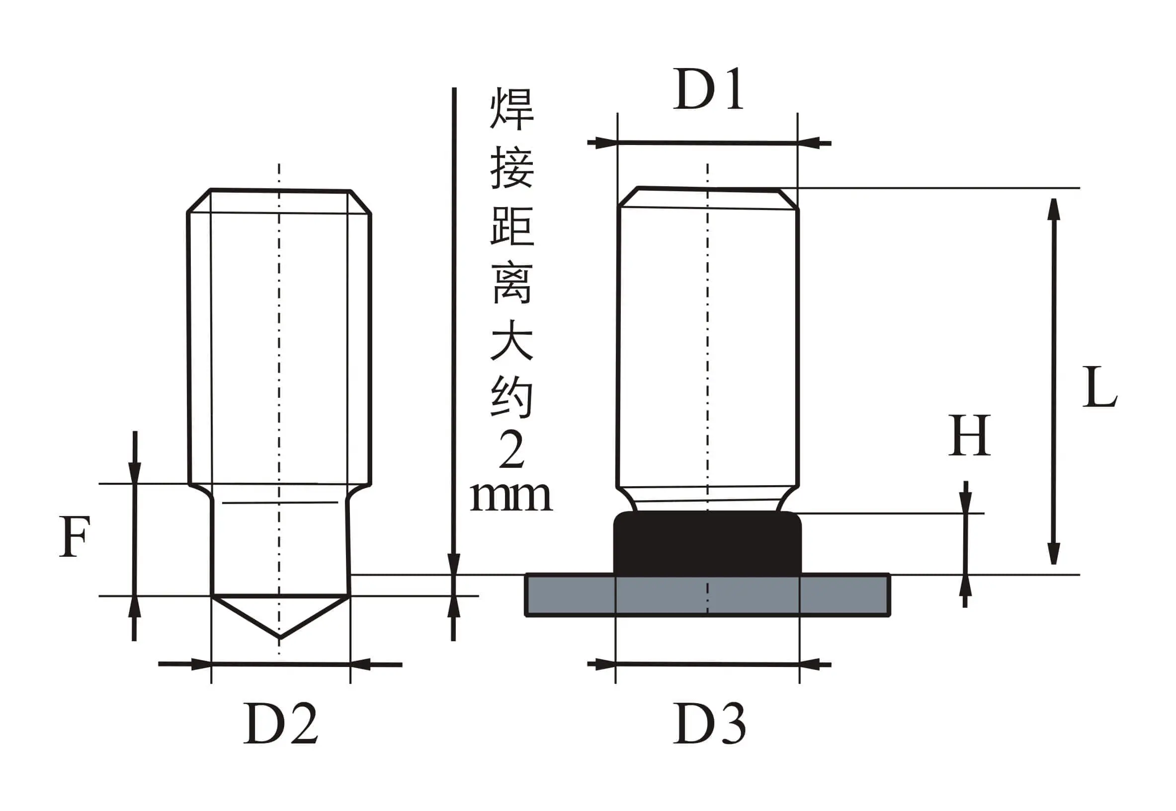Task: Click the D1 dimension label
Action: [708, 89]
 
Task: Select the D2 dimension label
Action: [281, 723]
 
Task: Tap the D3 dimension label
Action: [709, 723]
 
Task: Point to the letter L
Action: [1099, 387]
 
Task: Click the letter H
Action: [969, 435]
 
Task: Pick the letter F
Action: [74, 536]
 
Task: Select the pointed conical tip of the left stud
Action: [280, 615]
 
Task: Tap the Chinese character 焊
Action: [511, 109]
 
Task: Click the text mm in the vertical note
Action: [510, 497]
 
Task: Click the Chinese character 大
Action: [511, 340]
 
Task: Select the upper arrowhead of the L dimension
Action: [1053, 209]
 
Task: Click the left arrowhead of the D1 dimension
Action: [605, 143]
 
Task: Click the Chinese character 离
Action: [511, 284]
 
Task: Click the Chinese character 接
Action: [511, 168]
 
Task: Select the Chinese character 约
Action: [511, 397]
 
